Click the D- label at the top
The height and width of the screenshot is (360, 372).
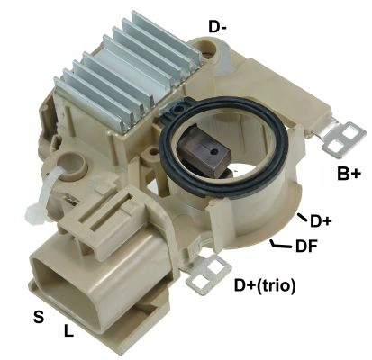[x=217, y=27]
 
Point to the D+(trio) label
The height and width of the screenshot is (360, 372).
[x=265, y=286]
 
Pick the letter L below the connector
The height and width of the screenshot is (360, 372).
[x=68, y=330]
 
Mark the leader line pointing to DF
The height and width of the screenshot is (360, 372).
[x=280, y=243]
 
